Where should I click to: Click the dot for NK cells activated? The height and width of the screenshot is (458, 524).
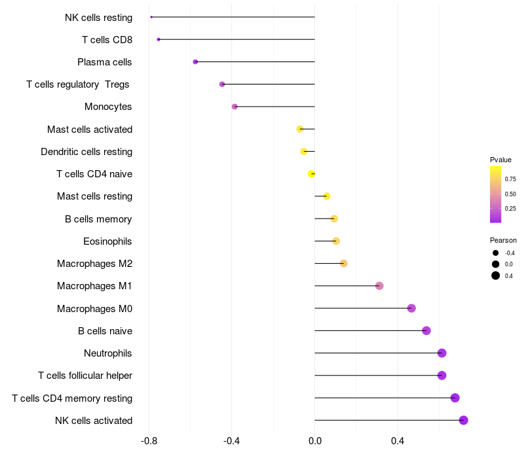(463, 420)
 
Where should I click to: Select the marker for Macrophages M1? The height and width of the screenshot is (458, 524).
(379, 286)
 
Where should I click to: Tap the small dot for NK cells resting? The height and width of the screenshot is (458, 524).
(151, 17)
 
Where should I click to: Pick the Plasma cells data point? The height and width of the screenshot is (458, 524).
(195, 62)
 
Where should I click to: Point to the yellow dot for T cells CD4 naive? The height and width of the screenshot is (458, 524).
(312, 173)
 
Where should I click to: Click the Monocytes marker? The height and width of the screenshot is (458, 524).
(234, 107)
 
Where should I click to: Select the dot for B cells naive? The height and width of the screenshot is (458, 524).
(426, 331)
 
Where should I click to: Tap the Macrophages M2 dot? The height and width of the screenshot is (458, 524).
(343, 264)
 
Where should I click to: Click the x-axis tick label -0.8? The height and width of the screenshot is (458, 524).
(149, 441)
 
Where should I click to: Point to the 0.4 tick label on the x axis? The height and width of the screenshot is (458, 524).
(398, 441)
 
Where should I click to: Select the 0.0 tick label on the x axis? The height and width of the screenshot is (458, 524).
(315, 441)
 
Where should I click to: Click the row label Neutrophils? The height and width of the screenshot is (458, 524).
(108, 353)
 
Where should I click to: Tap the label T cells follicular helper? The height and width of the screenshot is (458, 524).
(85, 376)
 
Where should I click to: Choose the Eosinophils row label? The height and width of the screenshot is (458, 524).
(107, 241)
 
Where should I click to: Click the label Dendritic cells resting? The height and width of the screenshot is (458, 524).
(86, 152)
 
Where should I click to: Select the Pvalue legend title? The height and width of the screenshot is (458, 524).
(500, 160)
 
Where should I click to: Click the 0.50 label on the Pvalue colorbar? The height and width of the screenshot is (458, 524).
(510, 194)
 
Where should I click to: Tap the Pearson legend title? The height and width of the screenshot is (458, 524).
(503, 240)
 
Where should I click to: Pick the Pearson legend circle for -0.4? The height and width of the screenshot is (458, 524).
(496, 253)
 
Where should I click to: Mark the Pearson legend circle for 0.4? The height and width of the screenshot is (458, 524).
(496, 275)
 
